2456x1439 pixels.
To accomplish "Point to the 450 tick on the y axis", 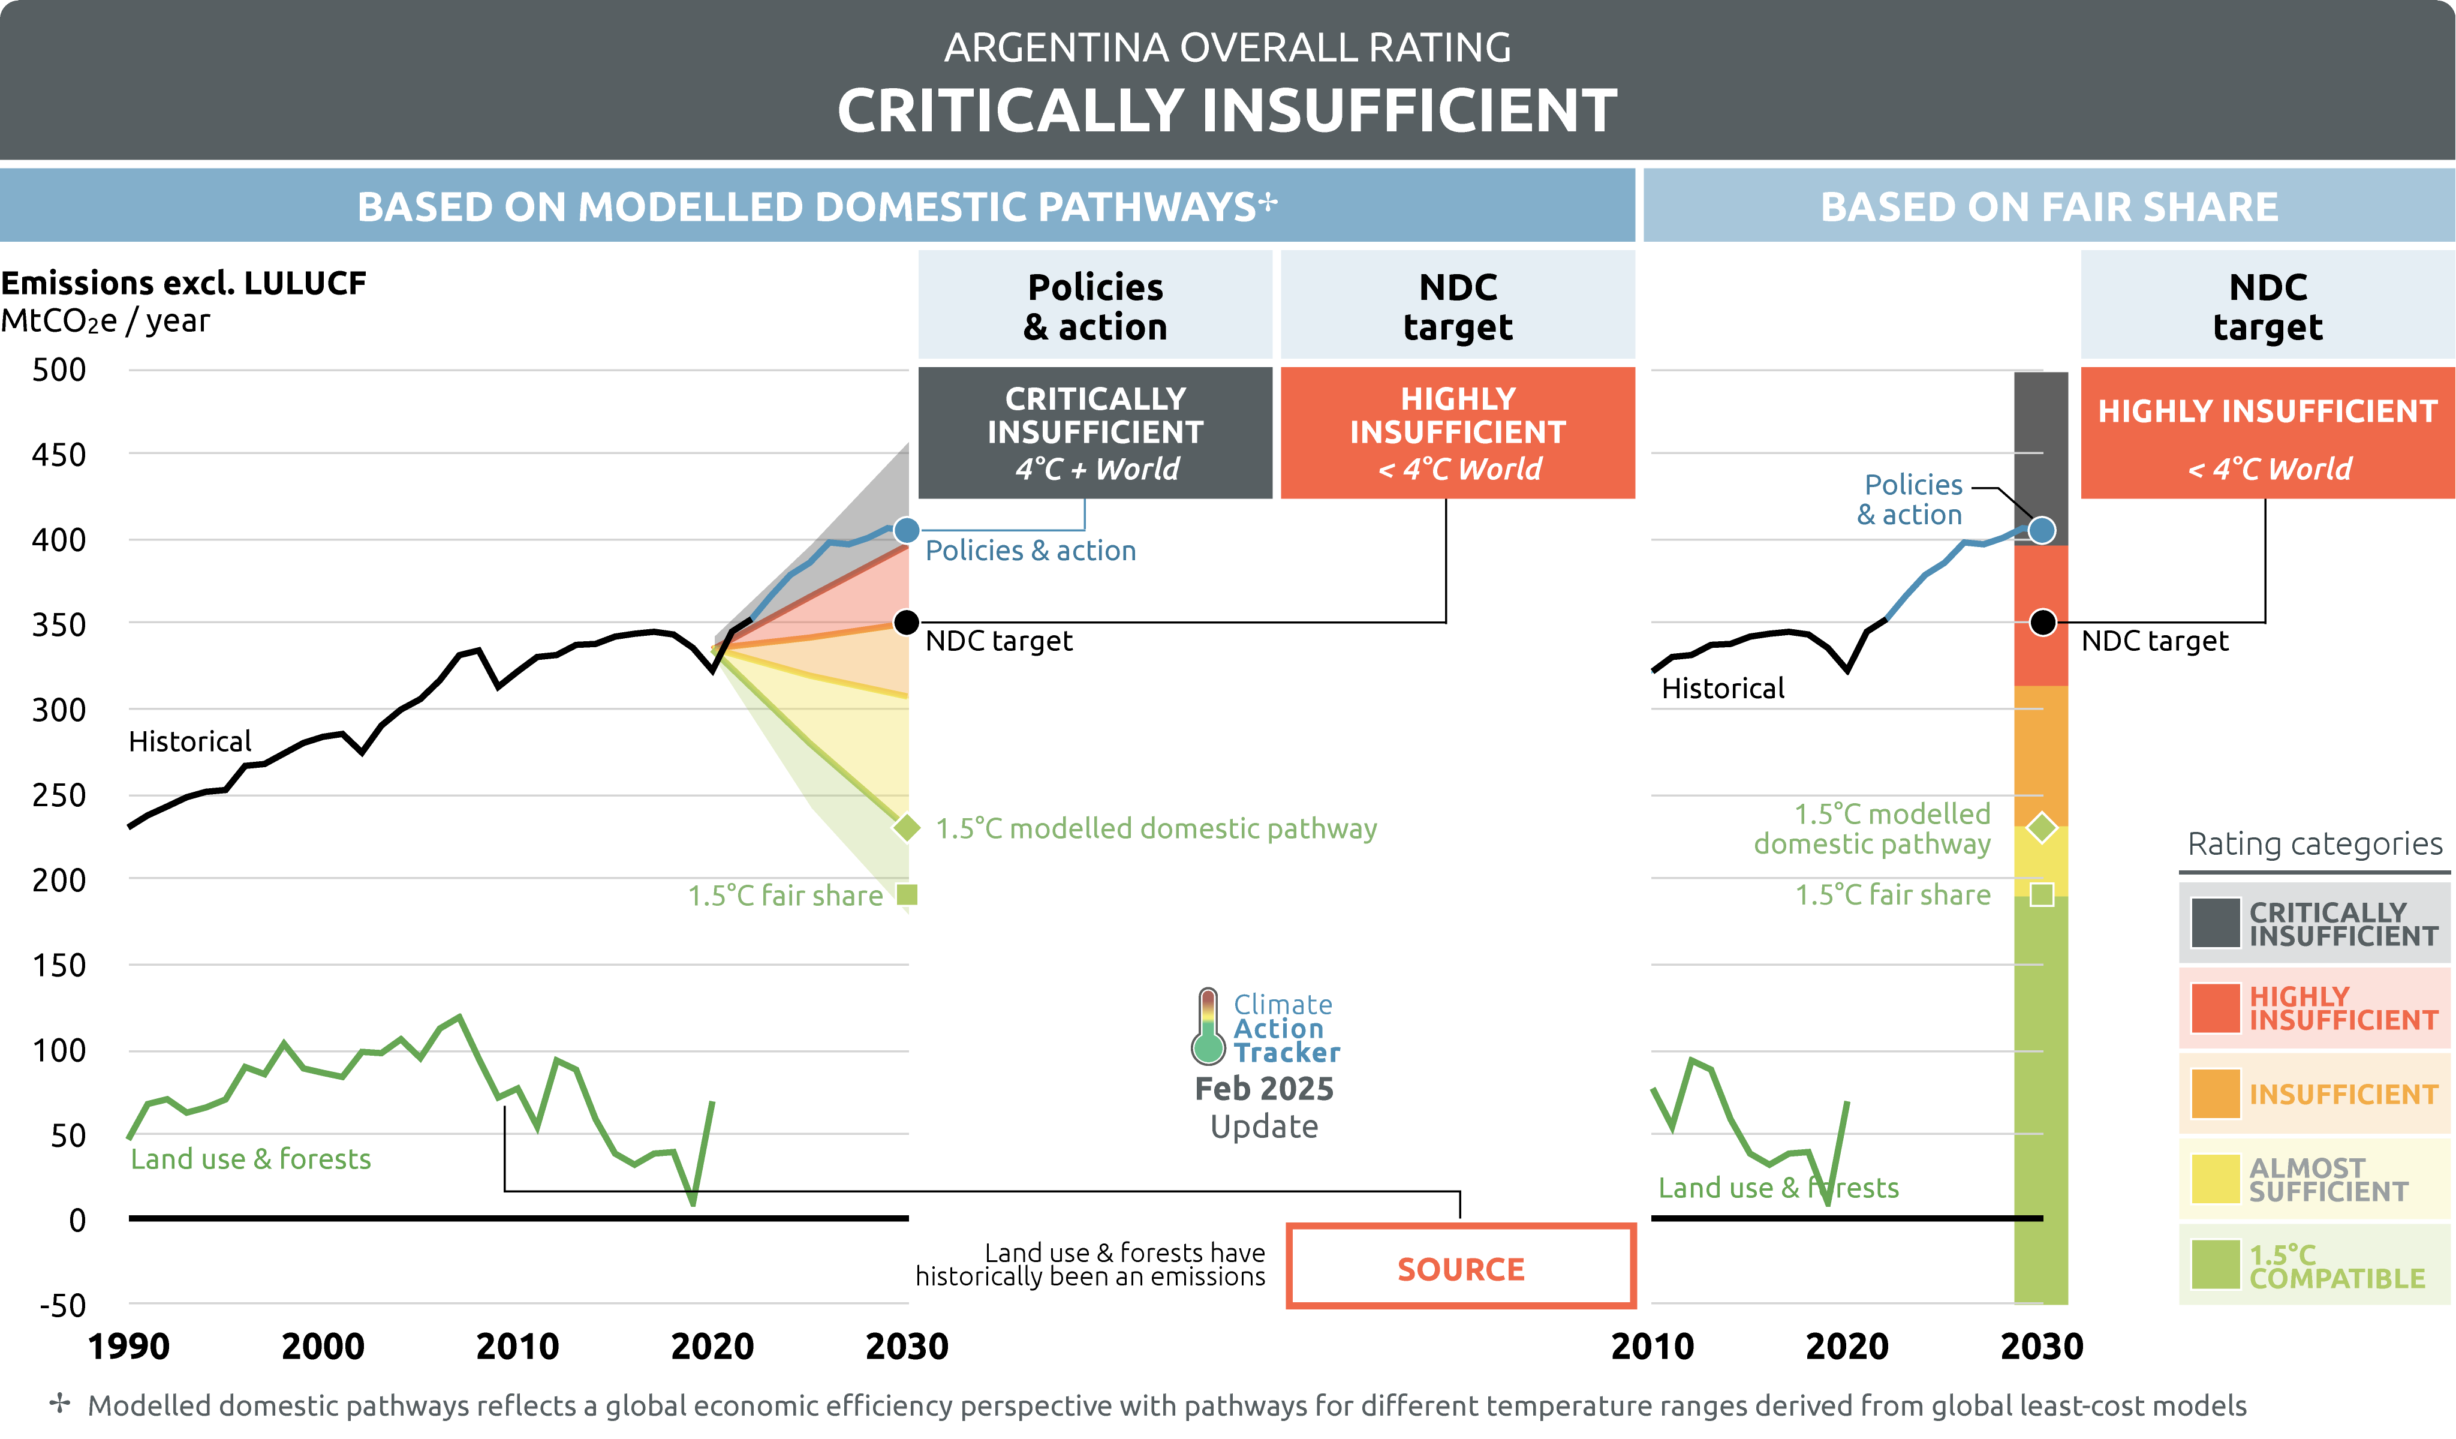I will tap(59, 454).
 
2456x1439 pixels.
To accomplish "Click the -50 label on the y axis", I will tap(62, 1305).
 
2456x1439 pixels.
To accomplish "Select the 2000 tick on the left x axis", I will tap(323, 1347).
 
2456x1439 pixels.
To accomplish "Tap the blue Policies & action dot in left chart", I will tap(907, 530).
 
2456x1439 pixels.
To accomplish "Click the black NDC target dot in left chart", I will tap(907, 622).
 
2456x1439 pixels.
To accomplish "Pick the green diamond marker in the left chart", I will tap(907, 828).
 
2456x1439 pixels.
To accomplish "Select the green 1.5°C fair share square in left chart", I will tap(907, 894).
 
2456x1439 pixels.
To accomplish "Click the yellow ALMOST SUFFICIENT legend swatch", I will tap(2216, 1179).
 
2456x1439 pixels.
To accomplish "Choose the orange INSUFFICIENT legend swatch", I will tap(2216, 1094).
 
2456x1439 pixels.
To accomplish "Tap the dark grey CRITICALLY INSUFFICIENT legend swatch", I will tap(2216, 923).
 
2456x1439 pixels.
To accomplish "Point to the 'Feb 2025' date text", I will tap(1264, 1088).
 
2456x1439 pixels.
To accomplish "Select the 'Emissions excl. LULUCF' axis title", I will tap(183, 283).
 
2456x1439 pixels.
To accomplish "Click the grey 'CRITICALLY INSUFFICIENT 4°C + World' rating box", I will tap(1095, 433).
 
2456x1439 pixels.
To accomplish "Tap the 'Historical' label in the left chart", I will tap(190, 742).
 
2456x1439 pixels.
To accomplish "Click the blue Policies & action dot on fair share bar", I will tap(2042, 530).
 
